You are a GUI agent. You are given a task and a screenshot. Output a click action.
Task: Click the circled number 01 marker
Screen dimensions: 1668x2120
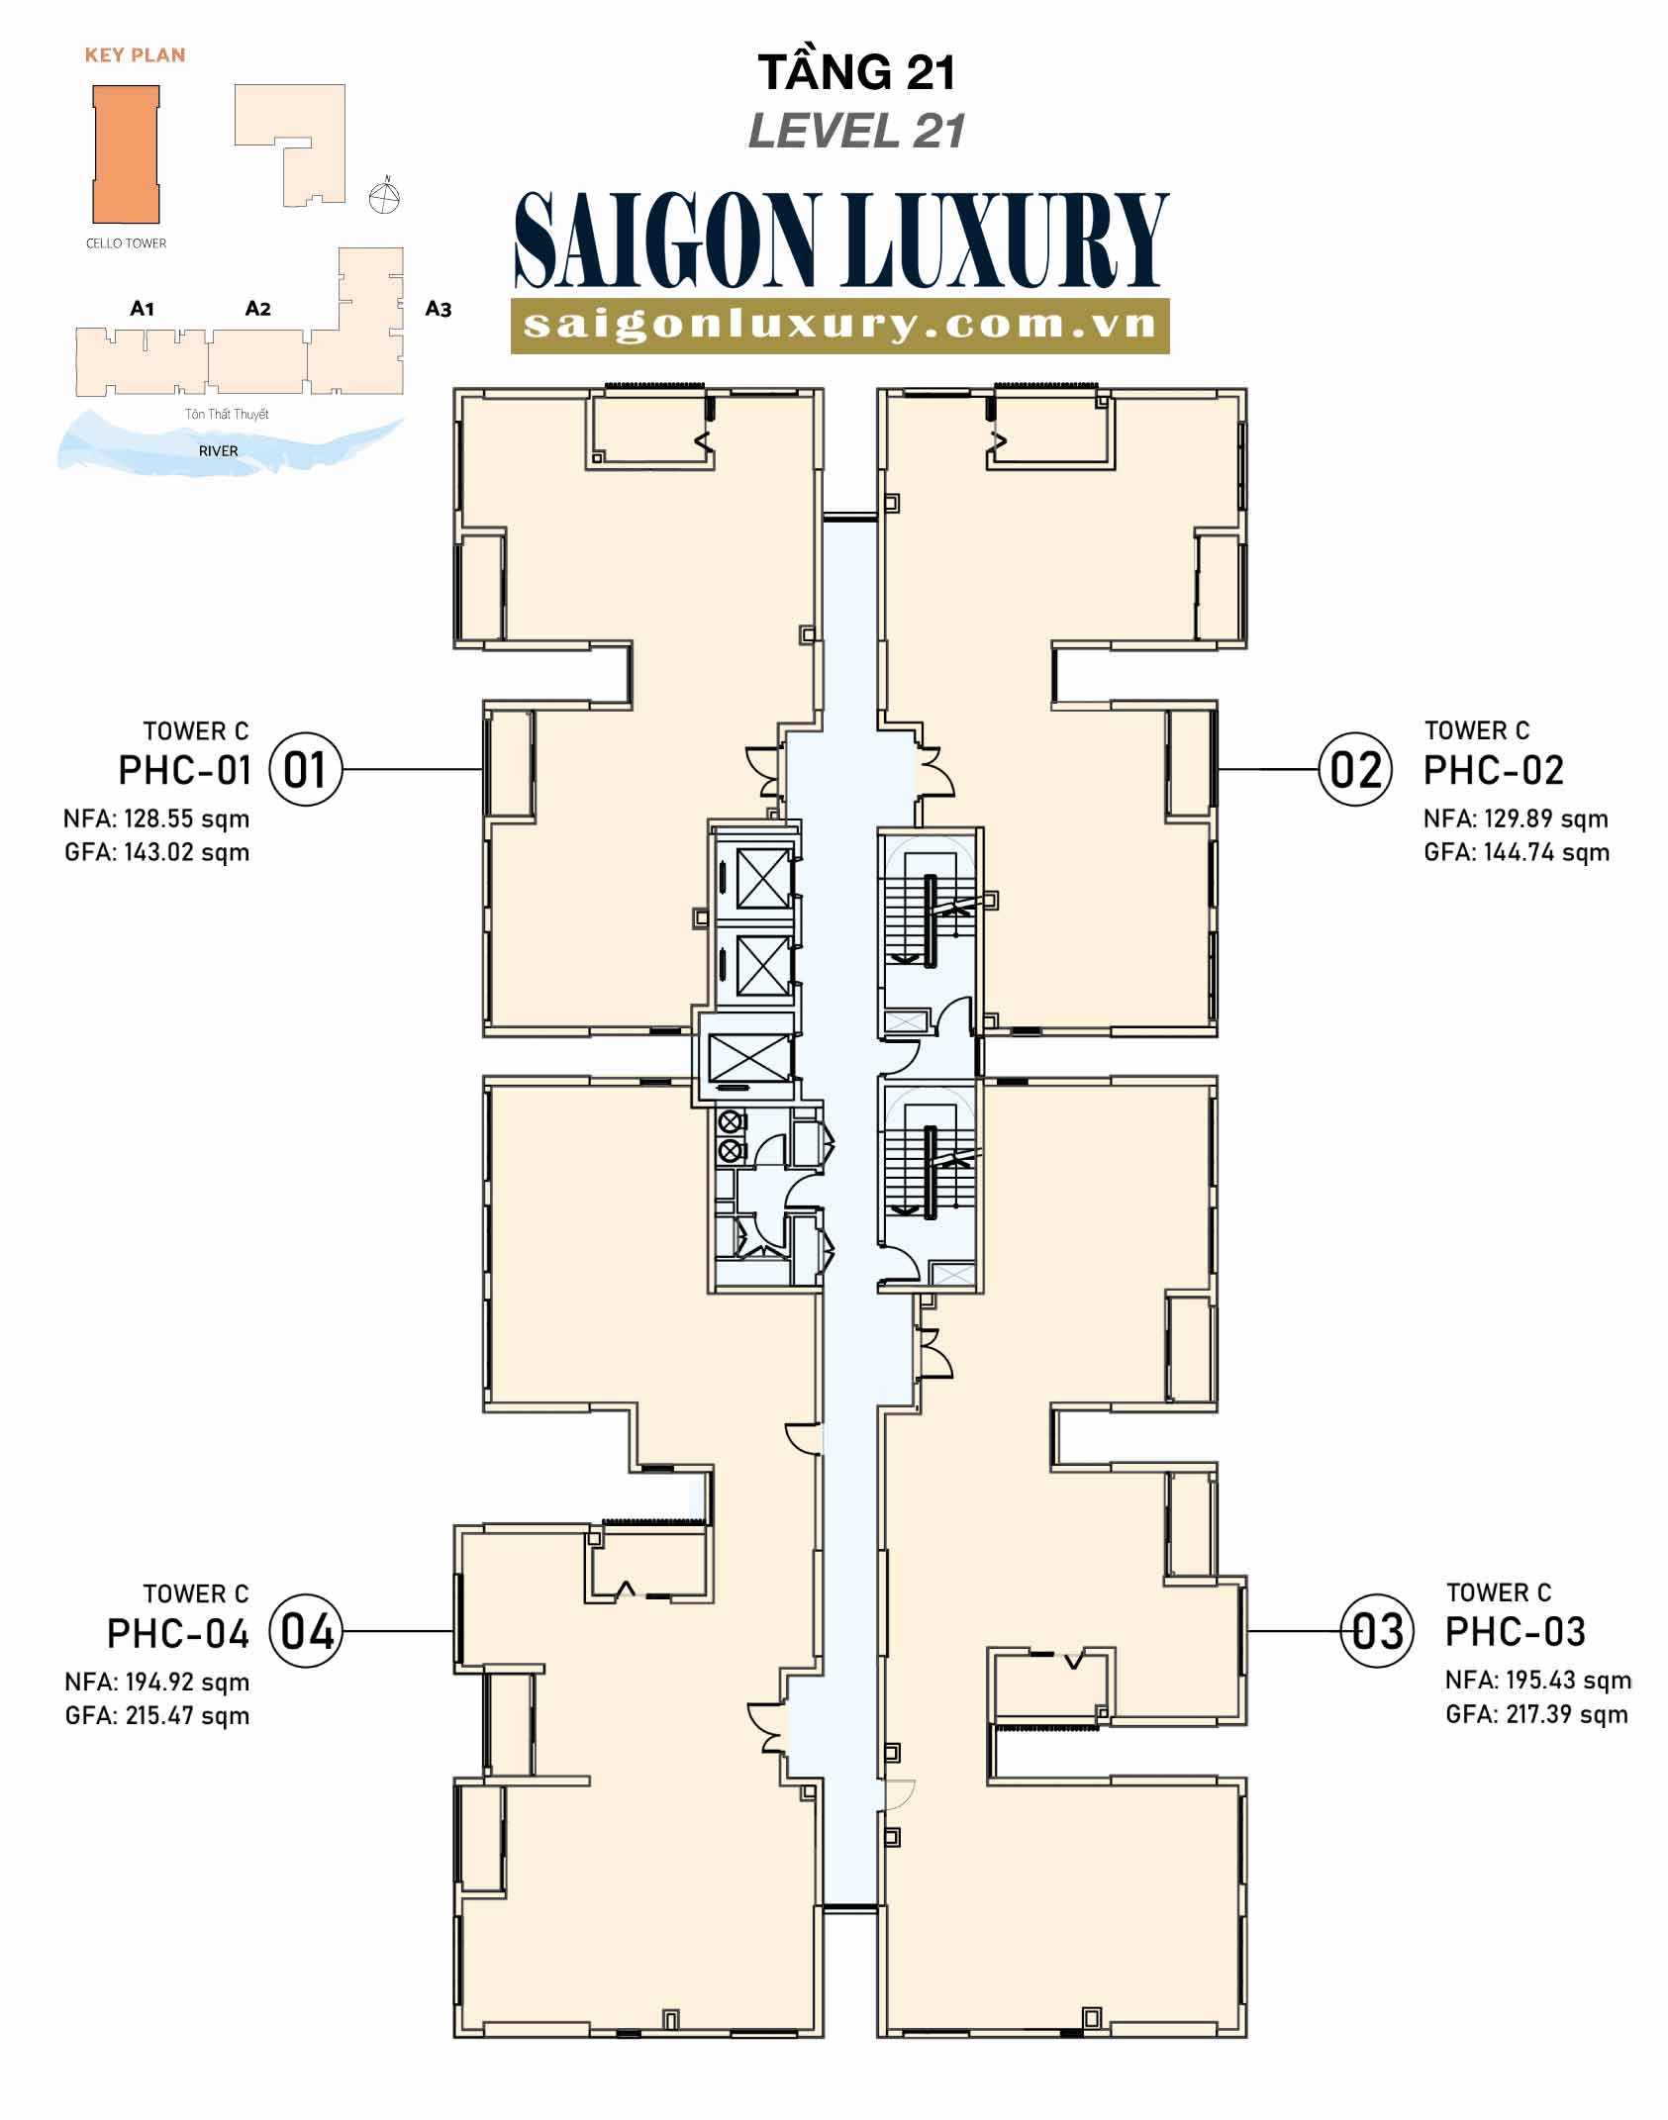point(305,769)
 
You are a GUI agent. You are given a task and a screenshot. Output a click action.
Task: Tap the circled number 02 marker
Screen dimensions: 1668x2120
point(1355,769)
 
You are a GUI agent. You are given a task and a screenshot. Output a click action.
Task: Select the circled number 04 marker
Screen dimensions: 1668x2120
point(305,1631)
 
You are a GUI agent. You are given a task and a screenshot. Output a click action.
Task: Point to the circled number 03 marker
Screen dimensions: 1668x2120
point(1376,1631)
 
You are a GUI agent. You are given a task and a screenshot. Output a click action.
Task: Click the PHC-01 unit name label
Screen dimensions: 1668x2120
point(185,770)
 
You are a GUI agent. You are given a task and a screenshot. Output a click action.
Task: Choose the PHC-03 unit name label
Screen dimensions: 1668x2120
point(1515,1631)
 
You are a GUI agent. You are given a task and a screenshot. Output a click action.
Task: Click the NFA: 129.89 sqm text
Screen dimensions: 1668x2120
point(1516,819)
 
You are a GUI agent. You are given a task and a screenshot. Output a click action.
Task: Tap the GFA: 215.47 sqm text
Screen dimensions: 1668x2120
point(157,1715)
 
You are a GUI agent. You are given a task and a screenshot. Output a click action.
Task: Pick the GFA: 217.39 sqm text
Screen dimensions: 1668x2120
point(1536,1714)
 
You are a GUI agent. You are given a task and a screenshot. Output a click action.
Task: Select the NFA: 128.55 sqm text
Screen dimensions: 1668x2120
point(156,819)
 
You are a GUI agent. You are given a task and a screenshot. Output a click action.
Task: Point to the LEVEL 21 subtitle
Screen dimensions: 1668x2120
point(856,131)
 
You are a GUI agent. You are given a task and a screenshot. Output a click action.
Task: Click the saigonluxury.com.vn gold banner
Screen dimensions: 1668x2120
point(840,325)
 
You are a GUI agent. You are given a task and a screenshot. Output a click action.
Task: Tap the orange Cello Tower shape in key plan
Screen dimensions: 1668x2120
point(126,153)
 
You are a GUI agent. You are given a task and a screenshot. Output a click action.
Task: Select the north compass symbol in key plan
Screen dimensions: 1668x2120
point(384,197)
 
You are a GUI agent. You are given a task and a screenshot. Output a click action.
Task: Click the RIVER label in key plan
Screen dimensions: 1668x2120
point(219,451)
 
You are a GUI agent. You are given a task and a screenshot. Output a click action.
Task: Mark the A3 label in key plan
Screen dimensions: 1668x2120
point(439,309)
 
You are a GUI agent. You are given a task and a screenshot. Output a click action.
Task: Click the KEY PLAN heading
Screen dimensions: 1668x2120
point(135,55)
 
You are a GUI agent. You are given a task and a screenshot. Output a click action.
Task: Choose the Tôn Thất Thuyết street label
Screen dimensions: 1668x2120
point(227,414)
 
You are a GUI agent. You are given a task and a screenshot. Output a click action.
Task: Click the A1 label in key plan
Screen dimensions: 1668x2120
point(143,309)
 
